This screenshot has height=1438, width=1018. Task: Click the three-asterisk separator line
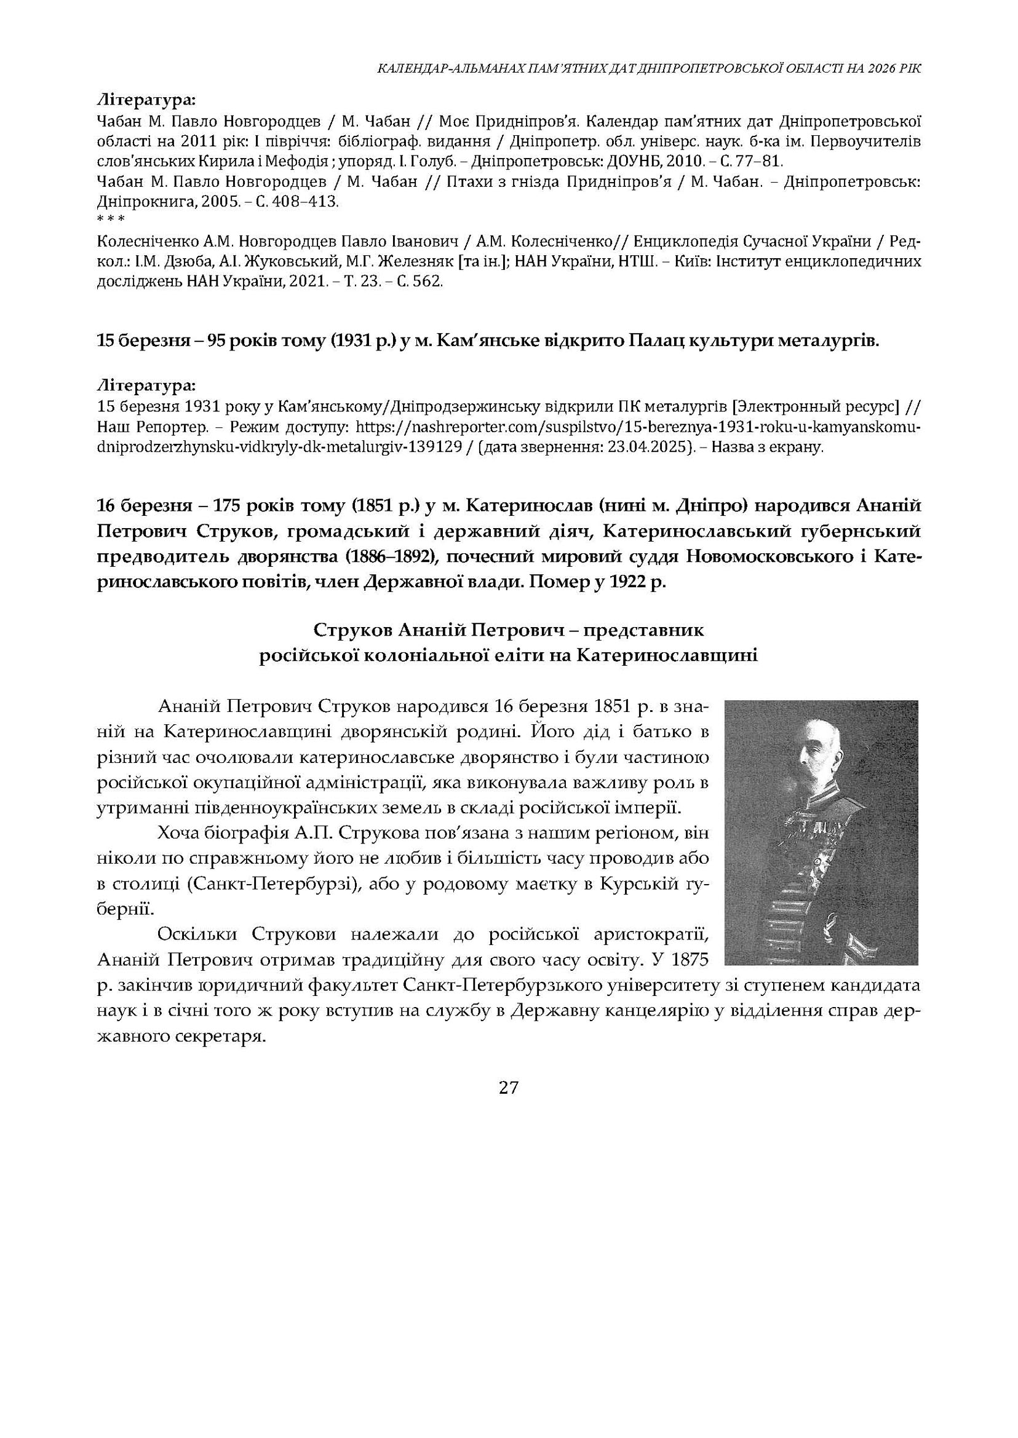coord(111,219)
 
